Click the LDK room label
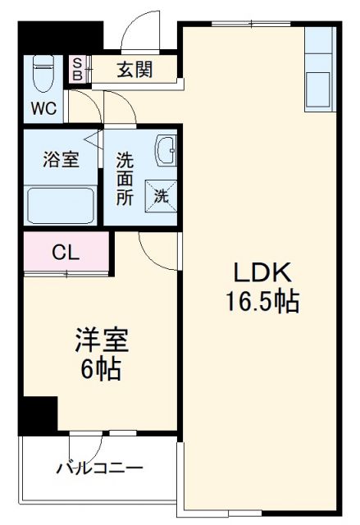(x=260, y=273)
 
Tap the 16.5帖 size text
(x=260, y=302)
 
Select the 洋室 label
(x=102, y=339)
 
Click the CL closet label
(x=66, y=253)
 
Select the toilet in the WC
(x=41, y=76)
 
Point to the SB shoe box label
(x=77, y=70)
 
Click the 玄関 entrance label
(x=134, y=70)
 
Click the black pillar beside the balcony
(x=39, y=415)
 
